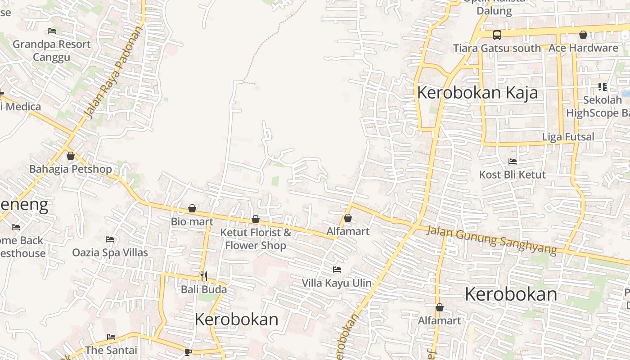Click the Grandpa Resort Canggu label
pyautogui.click(x=51, y=50)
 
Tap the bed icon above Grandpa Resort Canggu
pyautogui.click(x=52, y=31)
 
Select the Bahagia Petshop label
pyautogui.click(x=71, y=169)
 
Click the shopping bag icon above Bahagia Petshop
pyautogui.click(x=71, y=156)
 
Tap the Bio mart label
pyautogui.click(x=192, y=221)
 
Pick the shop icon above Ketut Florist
pyautogui.click(x=256, y=219)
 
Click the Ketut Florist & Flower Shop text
pyautogui.click(x=256, y=239)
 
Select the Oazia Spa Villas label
pyautogui.click(x=110, y=252)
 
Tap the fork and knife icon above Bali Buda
pyautogui.click(x=204, y=276)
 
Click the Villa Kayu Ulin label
pyautogui.click(x=337, y=283)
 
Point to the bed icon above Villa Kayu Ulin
pyautogui.click(x=337, y=270)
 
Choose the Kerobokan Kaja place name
pyautogui.click(x=477, y=93)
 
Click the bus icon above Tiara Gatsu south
pyautogui.click(x=497, y=35)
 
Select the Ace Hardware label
pyautogui.click(x=583, y=48)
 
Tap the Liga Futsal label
pyautogui.click(x=568, y=136)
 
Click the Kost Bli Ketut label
pyautogui.click(x=512, y=175)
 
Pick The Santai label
pyautogui.click(x=111, y=350)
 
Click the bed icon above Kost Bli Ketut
pyautogui.click(x=512, y=162)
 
